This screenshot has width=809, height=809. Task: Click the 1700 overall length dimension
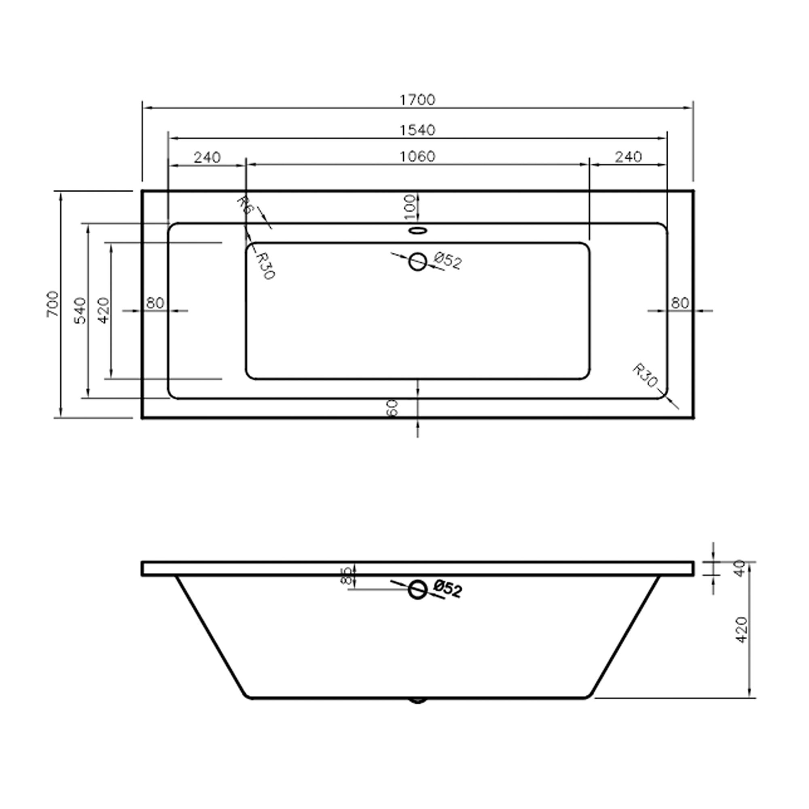417,100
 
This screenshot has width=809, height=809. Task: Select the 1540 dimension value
417,130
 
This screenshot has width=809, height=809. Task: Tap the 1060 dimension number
417,156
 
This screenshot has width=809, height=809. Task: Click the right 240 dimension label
628,157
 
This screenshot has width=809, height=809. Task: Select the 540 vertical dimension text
80,310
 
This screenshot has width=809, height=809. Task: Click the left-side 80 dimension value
155,303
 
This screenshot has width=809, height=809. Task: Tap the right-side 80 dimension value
680,302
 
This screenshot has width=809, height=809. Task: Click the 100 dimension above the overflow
410,207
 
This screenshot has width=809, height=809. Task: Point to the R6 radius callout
244,205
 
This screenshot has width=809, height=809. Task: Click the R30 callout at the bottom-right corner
645,375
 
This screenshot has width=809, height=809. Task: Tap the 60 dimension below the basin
392,407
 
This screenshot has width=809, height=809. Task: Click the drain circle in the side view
417,590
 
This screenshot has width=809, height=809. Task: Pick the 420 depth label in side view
741,629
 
